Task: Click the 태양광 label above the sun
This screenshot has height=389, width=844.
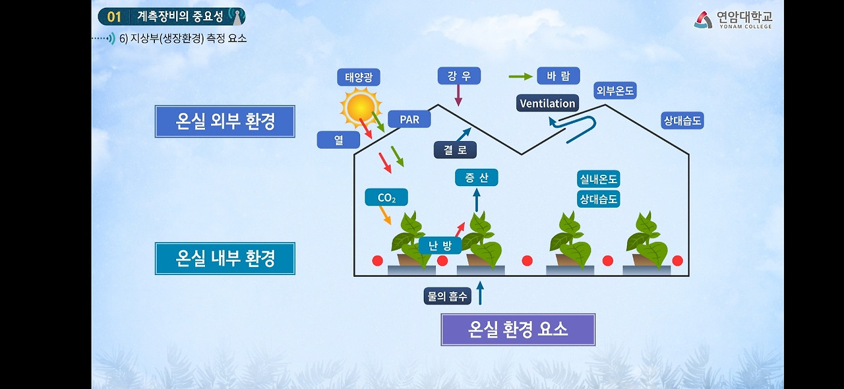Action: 359,77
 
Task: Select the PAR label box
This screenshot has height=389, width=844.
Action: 409,119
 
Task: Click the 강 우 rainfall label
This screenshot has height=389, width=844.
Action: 459,76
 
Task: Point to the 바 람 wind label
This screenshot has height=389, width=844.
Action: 558,76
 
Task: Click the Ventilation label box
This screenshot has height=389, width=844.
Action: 547,104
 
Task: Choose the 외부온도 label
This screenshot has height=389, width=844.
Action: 615,91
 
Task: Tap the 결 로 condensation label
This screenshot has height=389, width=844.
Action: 455,150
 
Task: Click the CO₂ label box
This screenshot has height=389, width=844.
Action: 386,198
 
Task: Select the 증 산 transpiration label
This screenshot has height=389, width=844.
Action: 476,177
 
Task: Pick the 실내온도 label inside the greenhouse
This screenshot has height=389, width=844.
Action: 599,179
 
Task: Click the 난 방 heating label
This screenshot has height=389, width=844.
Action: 440,246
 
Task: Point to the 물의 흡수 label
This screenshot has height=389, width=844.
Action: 448,297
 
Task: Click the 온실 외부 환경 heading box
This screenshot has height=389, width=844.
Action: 225,121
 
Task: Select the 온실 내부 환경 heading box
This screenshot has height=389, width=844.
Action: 225,258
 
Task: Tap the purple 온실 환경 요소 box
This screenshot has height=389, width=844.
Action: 518,330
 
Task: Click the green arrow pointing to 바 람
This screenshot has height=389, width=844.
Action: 521,76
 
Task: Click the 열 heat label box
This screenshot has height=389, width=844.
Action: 338,140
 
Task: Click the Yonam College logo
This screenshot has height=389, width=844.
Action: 733,20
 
